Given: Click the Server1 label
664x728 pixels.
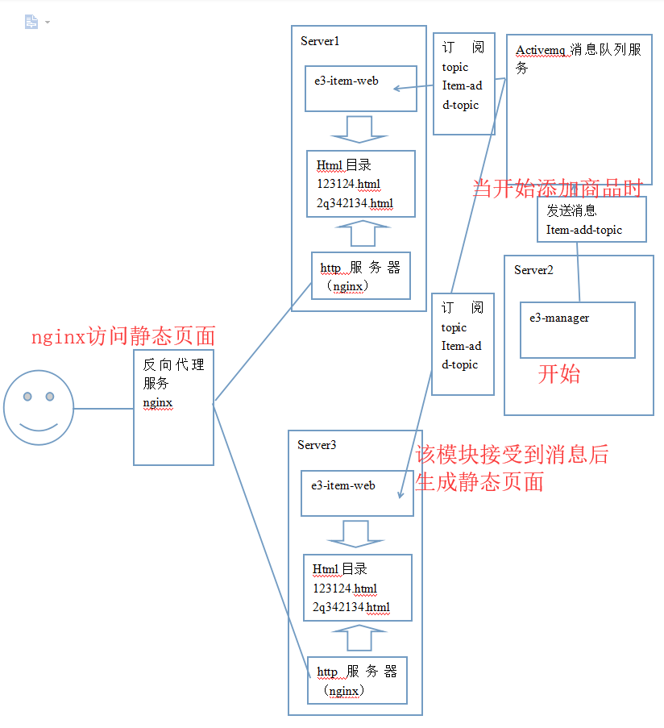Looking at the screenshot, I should click(320, 40).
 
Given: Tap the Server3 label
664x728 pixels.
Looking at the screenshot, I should click(317, 445).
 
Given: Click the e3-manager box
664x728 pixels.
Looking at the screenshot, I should click(577, 330).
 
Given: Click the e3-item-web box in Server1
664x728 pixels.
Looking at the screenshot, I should click(360, 89).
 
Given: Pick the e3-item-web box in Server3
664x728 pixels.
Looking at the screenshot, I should click(356, 493).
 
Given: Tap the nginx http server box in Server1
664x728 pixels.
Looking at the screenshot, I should click(360, 276).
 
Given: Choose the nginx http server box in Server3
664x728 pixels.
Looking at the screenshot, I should click(357, 680).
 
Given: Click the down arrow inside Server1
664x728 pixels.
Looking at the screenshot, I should click(348, 129).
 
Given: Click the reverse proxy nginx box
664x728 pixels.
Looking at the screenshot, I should click(173, 407).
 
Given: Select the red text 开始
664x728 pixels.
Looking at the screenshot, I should click(559, 374).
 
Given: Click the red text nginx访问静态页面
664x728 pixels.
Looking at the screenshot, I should click(122, 337).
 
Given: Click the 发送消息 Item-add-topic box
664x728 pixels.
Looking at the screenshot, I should click(591, 219).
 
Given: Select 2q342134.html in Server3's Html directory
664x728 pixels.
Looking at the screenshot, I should click(351, 607).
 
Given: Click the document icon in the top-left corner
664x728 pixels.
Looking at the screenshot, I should click(31, 22).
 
